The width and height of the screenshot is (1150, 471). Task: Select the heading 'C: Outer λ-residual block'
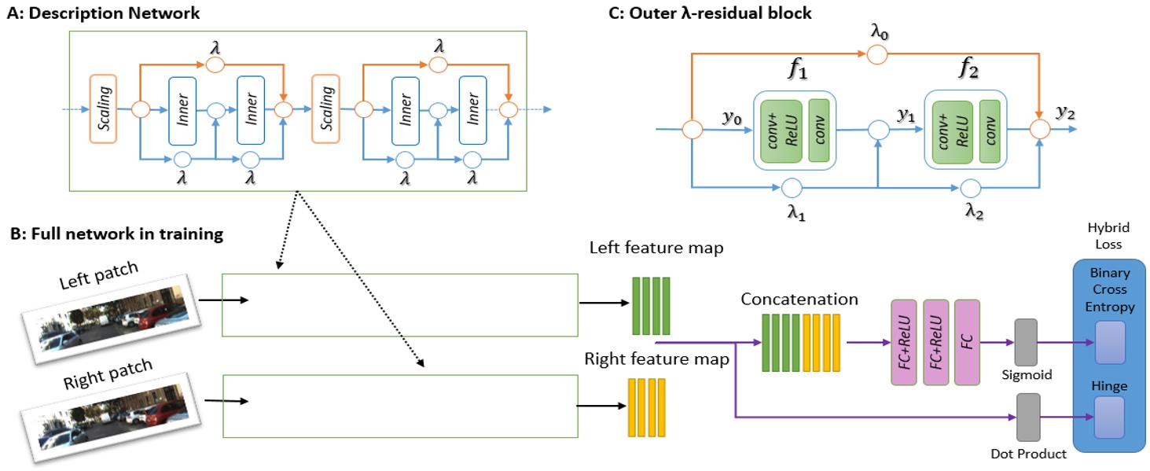pyautogui.click(x=732, y=13)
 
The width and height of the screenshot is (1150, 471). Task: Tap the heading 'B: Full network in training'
pyautogui.click(x=116, y=234)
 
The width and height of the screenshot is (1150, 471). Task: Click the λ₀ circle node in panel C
pyautogui.click(x=877, y=55)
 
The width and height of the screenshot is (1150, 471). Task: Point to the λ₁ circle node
pyautogui.click(x=791, y=187)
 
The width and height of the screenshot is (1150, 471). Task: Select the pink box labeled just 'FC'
pyautogui.click(x=968, y=342)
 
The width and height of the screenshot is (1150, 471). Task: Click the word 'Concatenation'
pyautogui.click(x=799, y=300)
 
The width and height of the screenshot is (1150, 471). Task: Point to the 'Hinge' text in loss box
pyautogui.click(x=1109, y=386)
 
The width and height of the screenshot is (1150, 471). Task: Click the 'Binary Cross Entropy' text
pyautogui.click(x=1109, y=290)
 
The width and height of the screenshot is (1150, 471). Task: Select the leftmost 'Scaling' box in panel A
pyautogui.click(x=104, y=109)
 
